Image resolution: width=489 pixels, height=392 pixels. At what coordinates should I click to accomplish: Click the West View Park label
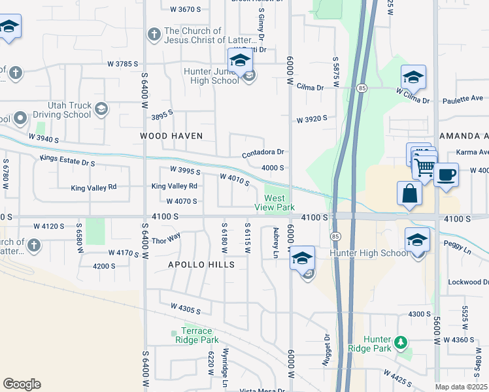[275, 203]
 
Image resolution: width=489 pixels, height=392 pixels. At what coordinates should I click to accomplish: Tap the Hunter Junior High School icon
[240, 62]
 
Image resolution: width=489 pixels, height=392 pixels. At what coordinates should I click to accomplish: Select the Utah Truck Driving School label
[68, 110]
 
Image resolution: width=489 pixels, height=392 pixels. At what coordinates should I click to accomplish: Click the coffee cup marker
[446, 175]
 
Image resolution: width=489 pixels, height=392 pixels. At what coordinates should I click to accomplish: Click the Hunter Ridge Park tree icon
[400, 342]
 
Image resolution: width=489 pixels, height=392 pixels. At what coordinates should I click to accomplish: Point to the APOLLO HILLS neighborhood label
[201, 265]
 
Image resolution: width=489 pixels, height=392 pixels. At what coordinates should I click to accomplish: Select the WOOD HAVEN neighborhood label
[171, 136]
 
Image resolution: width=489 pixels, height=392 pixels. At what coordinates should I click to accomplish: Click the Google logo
[22, 384]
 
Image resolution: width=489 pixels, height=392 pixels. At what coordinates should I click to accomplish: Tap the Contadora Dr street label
[263, 152]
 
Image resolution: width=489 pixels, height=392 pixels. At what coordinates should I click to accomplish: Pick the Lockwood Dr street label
[468, 282]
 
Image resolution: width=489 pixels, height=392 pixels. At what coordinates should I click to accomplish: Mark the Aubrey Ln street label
[275, 242]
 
